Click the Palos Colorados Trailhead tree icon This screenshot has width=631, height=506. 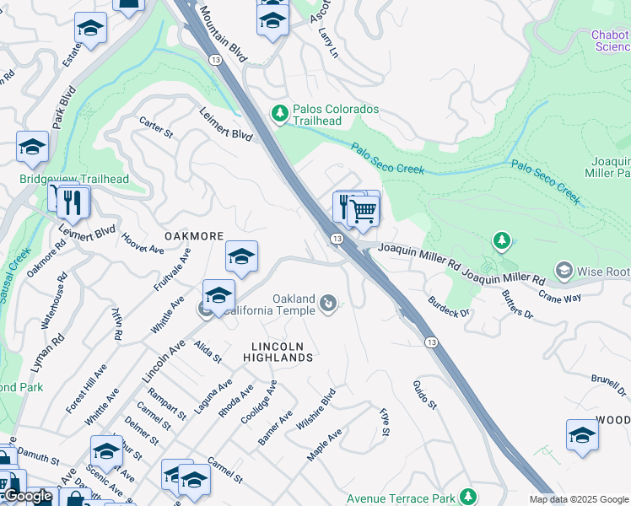point(279,112)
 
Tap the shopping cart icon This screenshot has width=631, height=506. point(363,211)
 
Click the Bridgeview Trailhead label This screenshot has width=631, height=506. point(74,180)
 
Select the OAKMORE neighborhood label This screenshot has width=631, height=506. point(194,236)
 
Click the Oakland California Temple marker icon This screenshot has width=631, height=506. point(329,302)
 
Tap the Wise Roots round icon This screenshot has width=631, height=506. point(563,271)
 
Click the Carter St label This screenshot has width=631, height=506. point(156,127)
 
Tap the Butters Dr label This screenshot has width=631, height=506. point(517,304)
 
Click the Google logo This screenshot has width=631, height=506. point(28,497)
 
